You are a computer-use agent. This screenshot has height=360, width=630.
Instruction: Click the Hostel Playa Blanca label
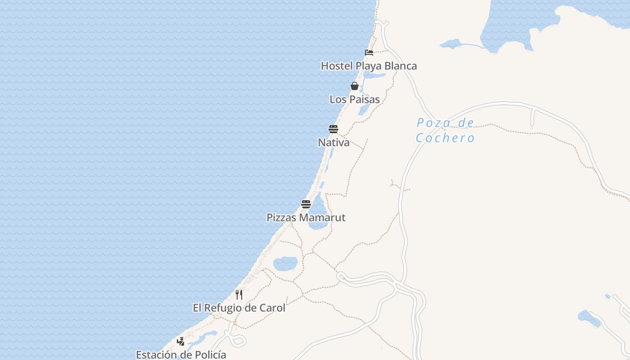tap(369, 66)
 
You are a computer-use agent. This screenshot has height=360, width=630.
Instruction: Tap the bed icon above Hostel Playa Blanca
tap(369, 52)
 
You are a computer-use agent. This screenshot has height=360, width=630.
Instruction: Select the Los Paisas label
tap(355, 99)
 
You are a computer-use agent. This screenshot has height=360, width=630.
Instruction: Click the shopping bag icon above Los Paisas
tap(355, 86)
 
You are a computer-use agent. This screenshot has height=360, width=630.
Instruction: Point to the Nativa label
tap(333, 143)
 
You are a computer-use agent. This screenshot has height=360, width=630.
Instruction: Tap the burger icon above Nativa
tap(333, 129)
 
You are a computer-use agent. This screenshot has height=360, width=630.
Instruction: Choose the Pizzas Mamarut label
tap(306, 218)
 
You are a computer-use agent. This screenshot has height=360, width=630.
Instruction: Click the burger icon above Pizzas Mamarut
tap(306, 204)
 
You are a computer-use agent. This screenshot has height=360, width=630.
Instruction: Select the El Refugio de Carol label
tap(239, 308)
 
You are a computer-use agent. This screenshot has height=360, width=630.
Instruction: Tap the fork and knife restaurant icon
tap(239, 295)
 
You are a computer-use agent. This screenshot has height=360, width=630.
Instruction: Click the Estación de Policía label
tap(181, 355)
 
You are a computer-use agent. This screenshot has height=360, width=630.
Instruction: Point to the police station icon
tap(180, 341)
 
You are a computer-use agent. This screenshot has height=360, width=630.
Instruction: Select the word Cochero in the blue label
tap(445, 138)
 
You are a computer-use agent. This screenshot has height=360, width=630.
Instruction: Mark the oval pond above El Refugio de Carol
tap(285, 263)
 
